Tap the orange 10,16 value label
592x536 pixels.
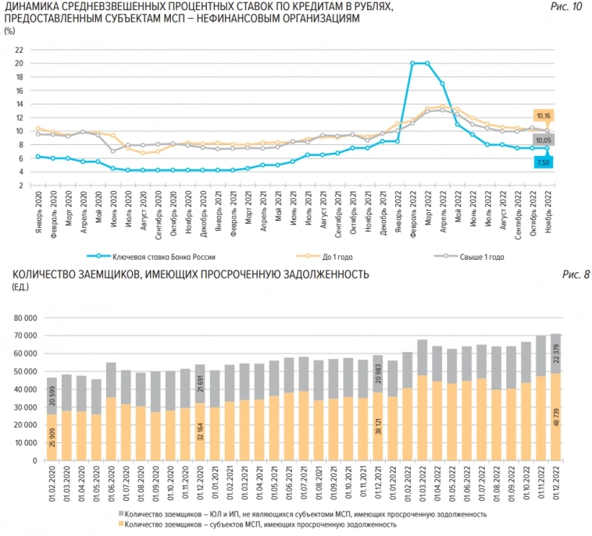[x=544, y=115]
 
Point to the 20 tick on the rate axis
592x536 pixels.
[x=17, y=63]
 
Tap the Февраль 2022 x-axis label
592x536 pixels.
[x=412, y=212]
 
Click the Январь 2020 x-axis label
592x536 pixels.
[x=37, y=212]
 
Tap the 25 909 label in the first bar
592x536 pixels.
[x=52, y=438]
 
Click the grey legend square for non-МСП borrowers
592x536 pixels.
[x=123, y=514]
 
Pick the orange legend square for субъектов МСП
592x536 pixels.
[x=123, y=525]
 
